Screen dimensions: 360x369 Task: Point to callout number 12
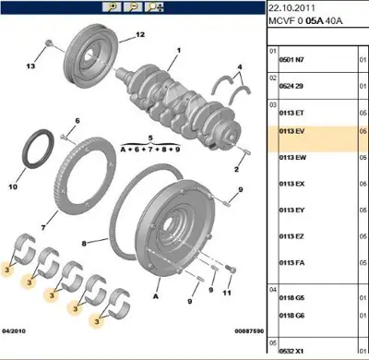coord(140,35)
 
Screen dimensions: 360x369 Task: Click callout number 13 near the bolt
coord(30,67)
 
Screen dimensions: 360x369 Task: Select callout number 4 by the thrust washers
coord(241,67)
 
